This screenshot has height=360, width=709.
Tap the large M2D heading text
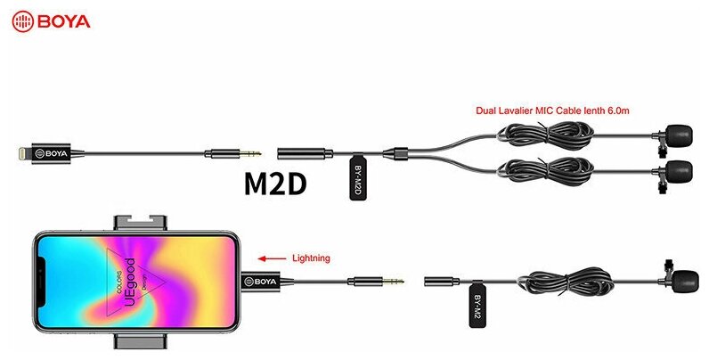275,183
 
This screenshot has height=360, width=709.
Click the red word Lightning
311,258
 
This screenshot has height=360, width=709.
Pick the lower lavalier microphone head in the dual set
680,168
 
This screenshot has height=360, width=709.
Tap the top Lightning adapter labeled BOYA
55,154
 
